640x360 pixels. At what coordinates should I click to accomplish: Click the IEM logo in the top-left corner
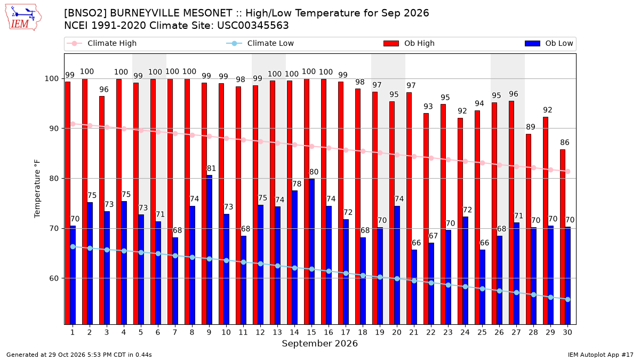point(23,18)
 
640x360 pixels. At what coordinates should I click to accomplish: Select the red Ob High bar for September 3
point(102,210)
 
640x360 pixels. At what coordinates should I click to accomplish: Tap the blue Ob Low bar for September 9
point(210,250)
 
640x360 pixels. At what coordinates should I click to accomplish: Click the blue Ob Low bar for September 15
point(311,252)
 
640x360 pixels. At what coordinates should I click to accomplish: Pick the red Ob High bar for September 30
point(563,237)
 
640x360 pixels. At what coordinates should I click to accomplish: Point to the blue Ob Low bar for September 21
point(414,287)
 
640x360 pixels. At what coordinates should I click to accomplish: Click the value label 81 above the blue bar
point(211,169)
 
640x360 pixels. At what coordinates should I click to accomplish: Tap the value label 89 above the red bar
point(531,127)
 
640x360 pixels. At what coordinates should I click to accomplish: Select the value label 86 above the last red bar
point(565,142)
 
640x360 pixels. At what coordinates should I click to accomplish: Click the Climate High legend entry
point(102,43)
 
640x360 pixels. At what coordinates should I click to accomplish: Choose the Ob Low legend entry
point(549,43)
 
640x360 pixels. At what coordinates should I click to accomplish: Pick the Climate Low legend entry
point(260,43)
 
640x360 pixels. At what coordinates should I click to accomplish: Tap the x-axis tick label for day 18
point(363,332)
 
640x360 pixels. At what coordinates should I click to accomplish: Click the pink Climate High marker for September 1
point(73,124)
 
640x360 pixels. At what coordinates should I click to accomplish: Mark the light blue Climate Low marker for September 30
point(567,299)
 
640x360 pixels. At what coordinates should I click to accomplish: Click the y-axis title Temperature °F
point(37,189)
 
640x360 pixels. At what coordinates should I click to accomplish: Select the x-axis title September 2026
point(319,343)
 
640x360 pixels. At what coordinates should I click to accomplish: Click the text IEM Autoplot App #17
point(601,355)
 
